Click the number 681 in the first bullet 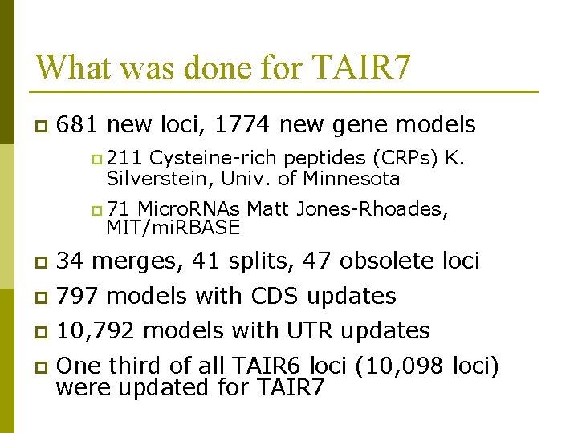click(x=79, y=125)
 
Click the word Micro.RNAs click(x=190, y=209)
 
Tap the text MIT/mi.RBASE click(x=173, y=228)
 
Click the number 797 click(x=79, y=296)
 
